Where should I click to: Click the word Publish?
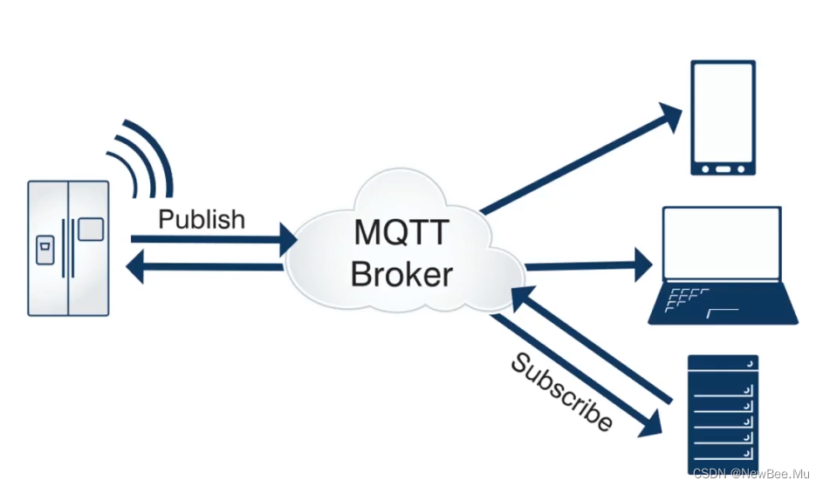point(202,218)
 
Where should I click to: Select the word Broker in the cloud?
point(401,274)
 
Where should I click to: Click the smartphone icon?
point(723,118)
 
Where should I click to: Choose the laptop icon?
point(723,265)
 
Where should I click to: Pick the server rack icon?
point(723,413)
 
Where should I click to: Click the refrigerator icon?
point(68,248)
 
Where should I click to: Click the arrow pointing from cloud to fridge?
point(205,267)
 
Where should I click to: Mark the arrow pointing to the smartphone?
point(581,161)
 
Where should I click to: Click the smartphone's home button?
point(723,166)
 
